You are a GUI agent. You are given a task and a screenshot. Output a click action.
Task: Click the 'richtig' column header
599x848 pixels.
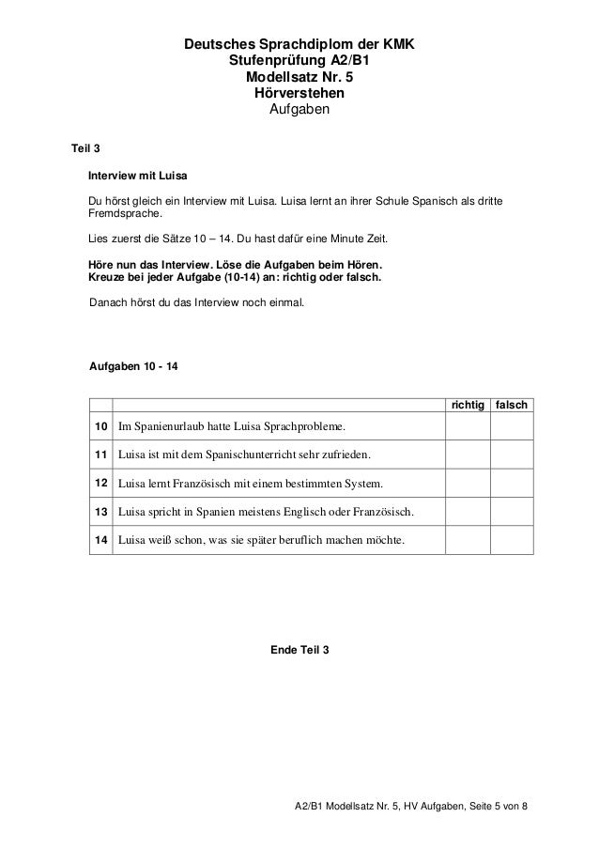click(x=468, y=404)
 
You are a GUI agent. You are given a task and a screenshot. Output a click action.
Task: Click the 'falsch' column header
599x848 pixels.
click(x=513, y=404)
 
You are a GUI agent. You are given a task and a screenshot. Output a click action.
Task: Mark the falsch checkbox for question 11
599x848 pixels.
click(x=513, y=456)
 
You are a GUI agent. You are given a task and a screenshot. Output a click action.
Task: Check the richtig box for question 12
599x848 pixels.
click(x=468, y=485)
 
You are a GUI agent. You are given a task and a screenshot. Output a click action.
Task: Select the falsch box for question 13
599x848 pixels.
click(x=513, y=513)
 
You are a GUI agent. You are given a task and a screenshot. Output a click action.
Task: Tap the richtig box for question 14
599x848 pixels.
click(x=468, y=540)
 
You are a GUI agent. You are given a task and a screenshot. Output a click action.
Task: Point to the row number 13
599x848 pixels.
click(x=100, y=513)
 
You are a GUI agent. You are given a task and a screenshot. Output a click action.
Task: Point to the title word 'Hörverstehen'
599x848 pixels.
click(x=299, y=95)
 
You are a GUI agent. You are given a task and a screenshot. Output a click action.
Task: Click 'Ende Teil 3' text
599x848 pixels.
click(x=299, y=651)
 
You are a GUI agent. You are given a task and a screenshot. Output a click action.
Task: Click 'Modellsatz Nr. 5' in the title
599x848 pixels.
click(x=299, y=78)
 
